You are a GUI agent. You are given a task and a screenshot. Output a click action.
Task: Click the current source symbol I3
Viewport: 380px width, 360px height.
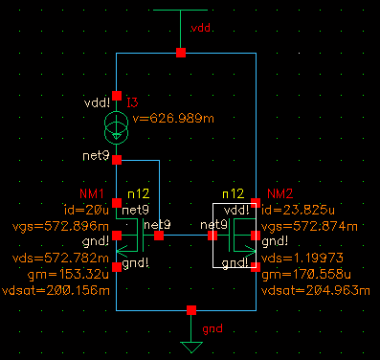(117, 127)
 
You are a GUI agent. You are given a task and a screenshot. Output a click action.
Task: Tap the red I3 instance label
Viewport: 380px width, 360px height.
(132, 102)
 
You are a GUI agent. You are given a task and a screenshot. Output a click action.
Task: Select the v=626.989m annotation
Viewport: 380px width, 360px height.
(173, 119)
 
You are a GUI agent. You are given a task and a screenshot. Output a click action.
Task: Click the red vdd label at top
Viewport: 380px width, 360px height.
(201, 28)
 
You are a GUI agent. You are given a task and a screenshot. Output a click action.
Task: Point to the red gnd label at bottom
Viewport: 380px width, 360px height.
(212, 328)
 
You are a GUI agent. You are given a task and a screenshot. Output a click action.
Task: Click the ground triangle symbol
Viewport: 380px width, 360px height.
(191, 347)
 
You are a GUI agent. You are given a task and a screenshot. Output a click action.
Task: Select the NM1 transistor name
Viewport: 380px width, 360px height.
(92, 193)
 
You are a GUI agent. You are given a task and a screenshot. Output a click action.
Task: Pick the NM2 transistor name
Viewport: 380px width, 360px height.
(280, 193)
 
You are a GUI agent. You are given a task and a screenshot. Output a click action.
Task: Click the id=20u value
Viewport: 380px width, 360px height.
(86, 210)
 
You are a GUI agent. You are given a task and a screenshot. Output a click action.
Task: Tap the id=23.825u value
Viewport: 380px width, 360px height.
(298, 210)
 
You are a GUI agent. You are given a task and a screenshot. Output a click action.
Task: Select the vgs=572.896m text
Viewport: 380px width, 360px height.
(60, 227)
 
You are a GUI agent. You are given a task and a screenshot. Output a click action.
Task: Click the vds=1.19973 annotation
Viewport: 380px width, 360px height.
(302, 258)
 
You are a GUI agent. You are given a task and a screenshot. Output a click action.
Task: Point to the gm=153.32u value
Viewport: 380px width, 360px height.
(68, 274)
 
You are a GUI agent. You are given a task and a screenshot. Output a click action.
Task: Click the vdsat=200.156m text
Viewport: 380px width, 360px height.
(56, 291)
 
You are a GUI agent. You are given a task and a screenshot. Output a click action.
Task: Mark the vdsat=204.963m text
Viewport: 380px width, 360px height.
(316, 291)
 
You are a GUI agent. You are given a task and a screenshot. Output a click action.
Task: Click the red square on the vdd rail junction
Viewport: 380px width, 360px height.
(181, 53)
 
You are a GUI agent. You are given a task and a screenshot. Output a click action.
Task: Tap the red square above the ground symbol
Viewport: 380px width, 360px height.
(191, 310)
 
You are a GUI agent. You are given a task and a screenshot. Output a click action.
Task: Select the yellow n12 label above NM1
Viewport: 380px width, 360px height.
(139, 193)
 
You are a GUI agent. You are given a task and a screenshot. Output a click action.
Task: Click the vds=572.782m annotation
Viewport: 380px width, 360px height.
(60, 258)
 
